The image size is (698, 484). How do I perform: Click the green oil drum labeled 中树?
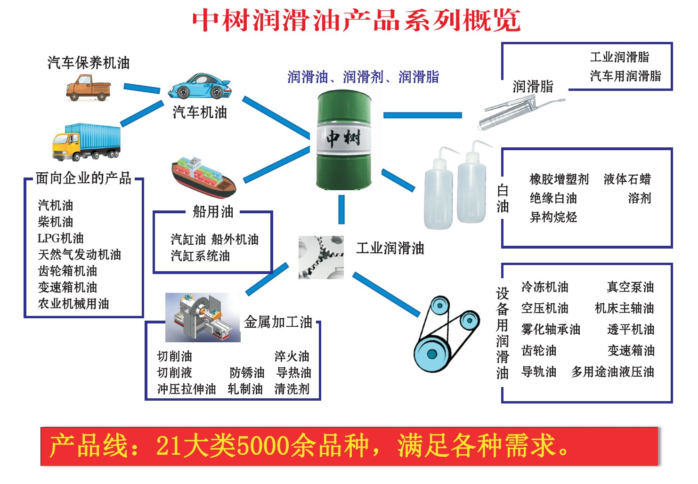pyautogui.click(x=344, y=139)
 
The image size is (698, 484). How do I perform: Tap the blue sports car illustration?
pyautogui.click(x=199, y=86)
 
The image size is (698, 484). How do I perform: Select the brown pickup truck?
pyautogui.click(x=88, y=88)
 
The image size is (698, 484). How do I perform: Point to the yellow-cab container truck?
pyautogui.click(x=86, y=142)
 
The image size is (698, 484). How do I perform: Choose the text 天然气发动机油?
pyautogui.click(x=80, y=254)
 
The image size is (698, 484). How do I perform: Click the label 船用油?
pyautogui.click(x=213, y=212)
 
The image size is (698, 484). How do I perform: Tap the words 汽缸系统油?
pyautogui.click(x=200, y=256)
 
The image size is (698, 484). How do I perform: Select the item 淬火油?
pyautogui.click(x=292, y=356)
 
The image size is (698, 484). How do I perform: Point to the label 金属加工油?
pyautogui.click(x=277, y=322)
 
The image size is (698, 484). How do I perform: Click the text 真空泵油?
pyautogui.click(x=630, y=287)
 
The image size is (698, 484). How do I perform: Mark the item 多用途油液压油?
pyautogui.click(x=613, y=371)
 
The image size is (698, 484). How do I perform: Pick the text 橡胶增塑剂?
pyautogui.click(x=559, y=179)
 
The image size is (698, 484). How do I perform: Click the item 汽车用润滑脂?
pyautogui.click(x=625, y=76)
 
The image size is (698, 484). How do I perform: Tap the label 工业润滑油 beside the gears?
pyautogui.click(x=390, y=248)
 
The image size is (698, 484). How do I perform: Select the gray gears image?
pyautogui.click(x=321, y=257)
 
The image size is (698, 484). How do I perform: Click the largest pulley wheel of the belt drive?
pyautogui.click(x=432, y=354)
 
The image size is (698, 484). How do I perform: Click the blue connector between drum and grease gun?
pyautogui.click(x=422, y=115)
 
